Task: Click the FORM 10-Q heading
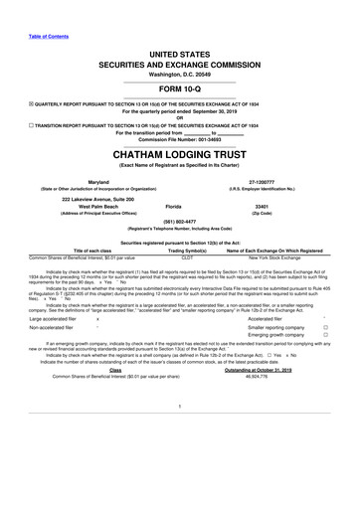click(180, 88)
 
